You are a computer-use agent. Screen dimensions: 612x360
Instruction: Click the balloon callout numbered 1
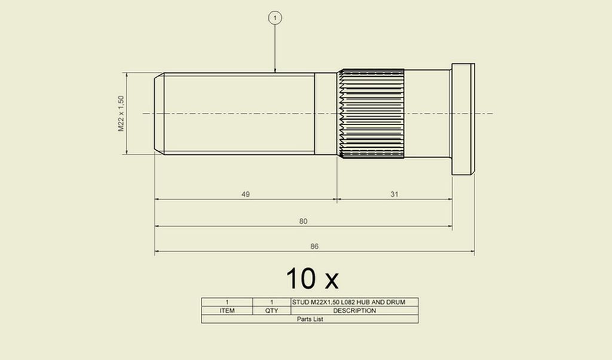[275, 17]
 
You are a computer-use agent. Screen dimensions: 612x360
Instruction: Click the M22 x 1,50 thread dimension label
[121, 114]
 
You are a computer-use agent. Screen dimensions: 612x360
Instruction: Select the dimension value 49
[246, 194]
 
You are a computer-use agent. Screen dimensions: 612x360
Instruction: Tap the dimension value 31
[394, 194]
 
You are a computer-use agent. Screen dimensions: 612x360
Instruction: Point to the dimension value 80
[303, 221]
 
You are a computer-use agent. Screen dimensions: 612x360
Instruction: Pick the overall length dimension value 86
[314, 246]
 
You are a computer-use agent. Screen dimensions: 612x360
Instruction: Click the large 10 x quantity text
[312, 279]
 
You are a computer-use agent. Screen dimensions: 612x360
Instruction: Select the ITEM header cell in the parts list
[227, 311]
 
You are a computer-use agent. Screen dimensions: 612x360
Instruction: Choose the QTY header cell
[272, 311]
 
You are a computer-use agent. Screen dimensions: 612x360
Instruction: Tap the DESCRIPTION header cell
[354, 311]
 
